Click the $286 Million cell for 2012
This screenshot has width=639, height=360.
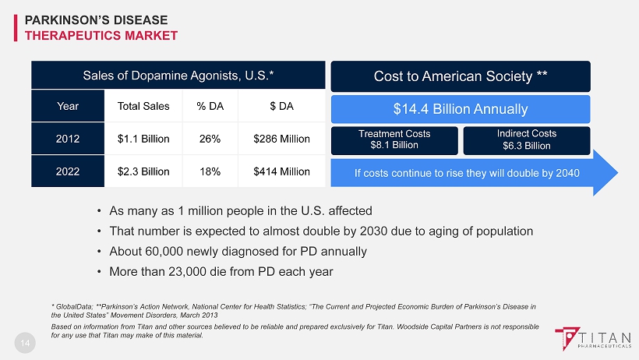coord(281,139)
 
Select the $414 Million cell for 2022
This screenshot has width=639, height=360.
coord(281,171)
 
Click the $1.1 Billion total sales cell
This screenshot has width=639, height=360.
coord(143,139)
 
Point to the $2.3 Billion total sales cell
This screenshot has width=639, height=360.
coord(143,171)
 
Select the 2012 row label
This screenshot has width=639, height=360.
coord(67,139)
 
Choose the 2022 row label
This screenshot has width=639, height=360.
coord(67,171)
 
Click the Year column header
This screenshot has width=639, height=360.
coord(67,106)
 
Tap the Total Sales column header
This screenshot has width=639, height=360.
coord(143,106)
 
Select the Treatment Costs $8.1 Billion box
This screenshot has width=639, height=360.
coord(394,139)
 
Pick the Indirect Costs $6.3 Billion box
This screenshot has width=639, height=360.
coord(526,139)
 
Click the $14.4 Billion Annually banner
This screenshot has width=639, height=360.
coord(461,109)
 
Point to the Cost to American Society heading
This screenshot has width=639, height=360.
coord(461,76)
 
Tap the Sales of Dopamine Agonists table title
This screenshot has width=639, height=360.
coord(178,76)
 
